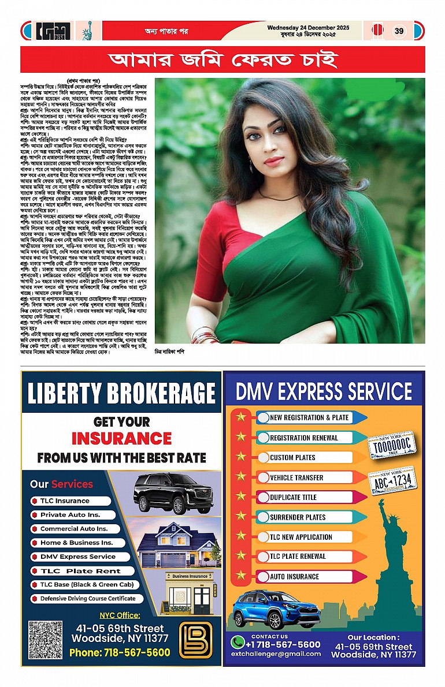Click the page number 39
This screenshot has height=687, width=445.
click(399, 31)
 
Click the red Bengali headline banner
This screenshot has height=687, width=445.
click(222, 59)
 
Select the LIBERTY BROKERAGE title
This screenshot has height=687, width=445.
click(121, 394)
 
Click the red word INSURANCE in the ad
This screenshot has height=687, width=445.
click(121, 439)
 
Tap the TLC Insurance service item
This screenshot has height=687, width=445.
click(65, 501)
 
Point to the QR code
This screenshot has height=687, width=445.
click(44, 640)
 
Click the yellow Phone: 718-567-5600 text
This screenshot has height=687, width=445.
click(120, 652)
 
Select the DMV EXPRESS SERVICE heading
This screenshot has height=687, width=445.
click(324, 391)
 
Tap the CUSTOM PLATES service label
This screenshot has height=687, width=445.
click(292, 458)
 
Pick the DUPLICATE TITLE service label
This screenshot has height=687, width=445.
click(293, 497)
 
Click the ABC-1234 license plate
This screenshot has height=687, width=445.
click(393, 480)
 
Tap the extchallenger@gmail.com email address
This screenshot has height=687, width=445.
click(276, 654)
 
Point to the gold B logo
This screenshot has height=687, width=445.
click(195, 640)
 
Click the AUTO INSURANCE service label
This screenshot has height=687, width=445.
click(294, 576)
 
